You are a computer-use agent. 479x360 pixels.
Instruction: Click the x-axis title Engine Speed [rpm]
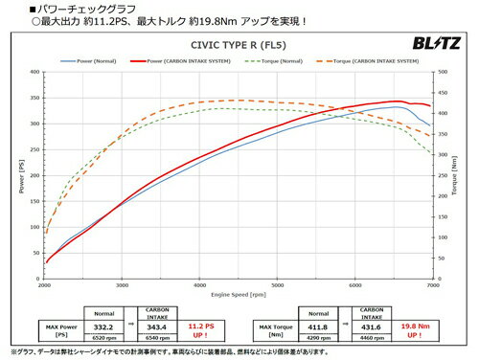(x=239, y=296)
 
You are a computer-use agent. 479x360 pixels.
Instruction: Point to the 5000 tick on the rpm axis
(x=277, y=286)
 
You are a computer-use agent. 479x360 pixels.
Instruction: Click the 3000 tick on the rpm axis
(x=122, y=286)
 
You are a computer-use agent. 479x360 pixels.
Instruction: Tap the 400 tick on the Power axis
(x=35, y=72)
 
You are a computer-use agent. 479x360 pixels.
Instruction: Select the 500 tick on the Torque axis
(x=441, y=72)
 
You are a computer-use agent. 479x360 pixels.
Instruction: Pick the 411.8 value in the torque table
(x=320, y=327)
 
